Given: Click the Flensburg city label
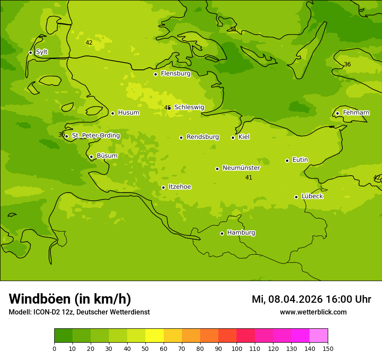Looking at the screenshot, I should click(175, 74).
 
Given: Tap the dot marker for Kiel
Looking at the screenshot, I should click(233, 137).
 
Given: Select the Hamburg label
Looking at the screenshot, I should click(241, 233).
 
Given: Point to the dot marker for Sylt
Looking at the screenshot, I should click(30, 52).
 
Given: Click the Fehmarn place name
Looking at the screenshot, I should click(356, 113).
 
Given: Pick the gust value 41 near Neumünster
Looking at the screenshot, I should click(249, 177).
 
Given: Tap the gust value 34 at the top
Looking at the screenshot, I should click(233, 29).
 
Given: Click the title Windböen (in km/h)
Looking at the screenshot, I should click(70, 299).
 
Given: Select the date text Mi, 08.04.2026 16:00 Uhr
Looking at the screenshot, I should click(311, 299).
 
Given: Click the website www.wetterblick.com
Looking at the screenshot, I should click(313, 312).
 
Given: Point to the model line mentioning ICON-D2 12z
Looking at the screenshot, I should click(79, 312).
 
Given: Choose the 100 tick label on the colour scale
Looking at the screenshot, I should click(237, 348).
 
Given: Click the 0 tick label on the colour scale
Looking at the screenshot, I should click(54, 348).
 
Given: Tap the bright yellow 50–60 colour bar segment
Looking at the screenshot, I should click(155, 336).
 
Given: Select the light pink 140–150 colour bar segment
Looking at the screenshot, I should click(319, 336).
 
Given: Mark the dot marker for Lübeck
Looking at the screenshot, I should click(296, 197).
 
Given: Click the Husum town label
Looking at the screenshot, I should click(128, 113).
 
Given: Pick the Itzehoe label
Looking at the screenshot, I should click(180, 187).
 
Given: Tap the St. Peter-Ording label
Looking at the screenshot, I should click(95, 136).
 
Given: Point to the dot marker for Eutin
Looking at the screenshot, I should click(287, 160).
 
